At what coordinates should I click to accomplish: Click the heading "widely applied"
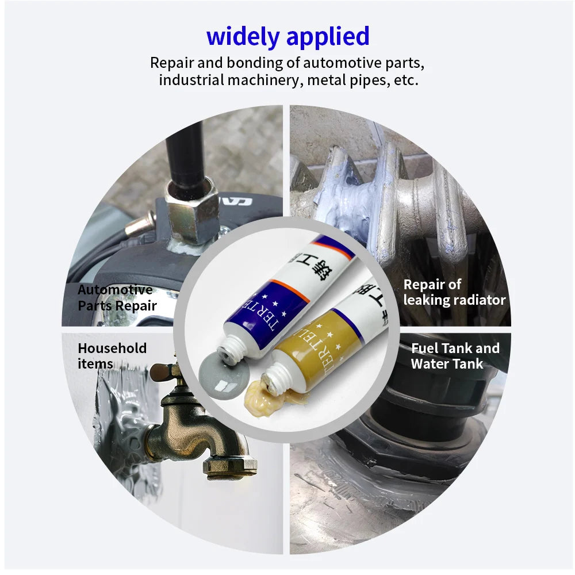point(287,36)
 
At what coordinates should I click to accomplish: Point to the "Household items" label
point(112,355)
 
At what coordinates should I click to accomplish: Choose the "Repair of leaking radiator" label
point(454,292)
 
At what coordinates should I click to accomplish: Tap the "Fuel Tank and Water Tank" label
point(455,355)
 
